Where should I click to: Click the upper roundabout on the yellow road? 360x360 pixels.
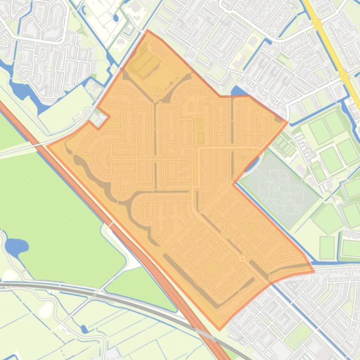pos(317,23)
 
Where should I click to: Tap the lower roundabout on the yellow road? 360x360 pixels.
pos(345,76)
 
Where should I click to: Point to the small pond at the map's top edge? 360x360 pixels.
pos(116,18)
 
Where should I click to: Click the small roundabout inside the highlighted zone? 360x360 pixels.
pos(242,258)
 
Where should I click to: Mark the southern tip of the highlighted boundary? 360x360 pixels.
pos(219,330)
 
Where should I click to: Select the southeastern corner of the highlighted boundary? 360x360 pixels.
pos(314,271)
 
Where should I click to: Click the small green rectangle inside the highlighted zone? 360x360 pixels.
pos(201,138)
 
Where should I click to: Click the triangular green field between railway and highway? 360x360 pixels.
pos(140,285)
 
